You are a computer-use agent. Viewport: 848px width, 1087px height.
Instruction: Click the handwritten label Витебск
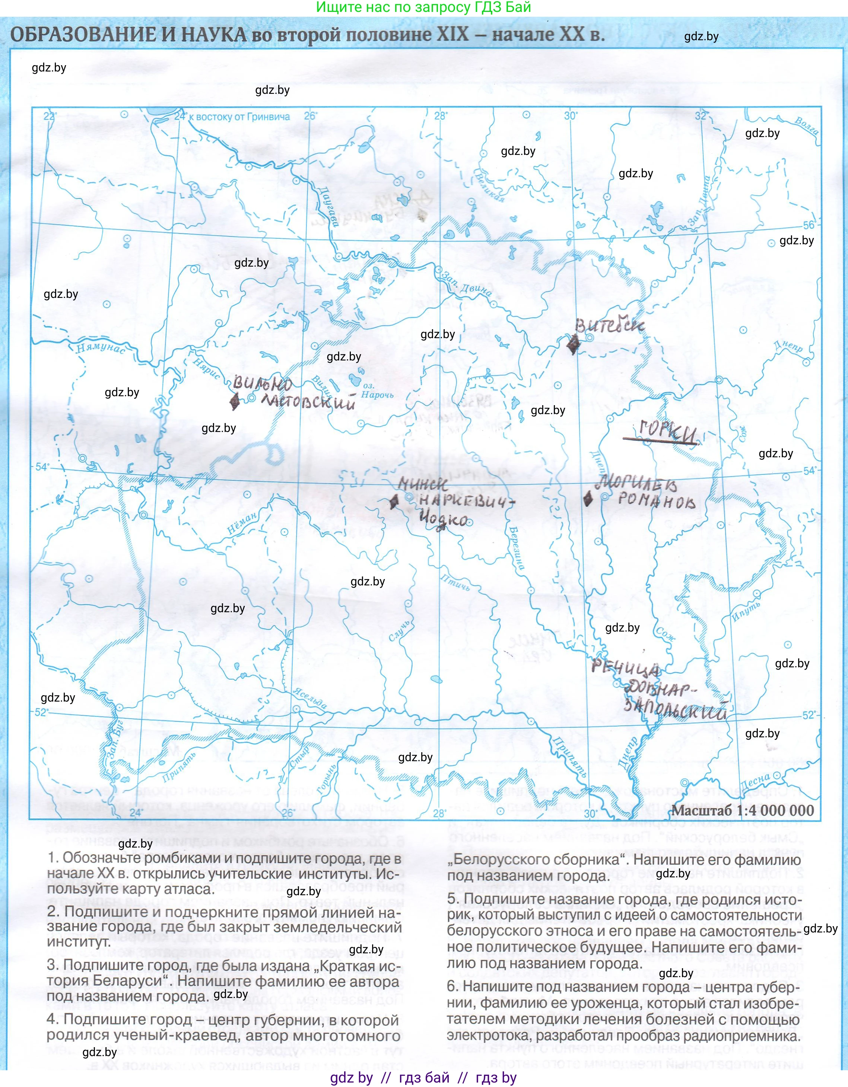point(610,325)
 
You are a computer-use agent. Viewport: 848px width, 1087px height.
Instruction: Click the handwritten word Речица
point(626,668)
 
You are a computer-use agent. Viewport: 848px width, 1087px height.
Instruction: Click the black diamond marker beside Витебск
point(573,343)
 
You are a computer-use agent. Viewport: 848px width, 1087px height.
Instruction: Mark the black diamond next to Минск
point(394,502)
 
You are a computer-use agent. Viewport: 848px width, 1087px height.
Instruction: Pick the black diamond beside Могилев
point(588,498)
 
